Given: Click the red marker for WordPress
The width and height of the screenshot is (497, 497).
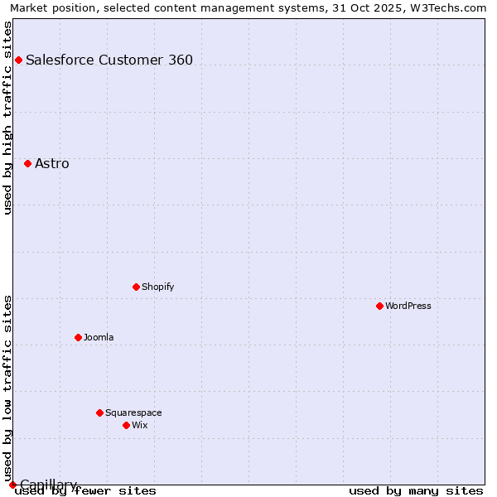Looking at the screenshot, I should pyautogui.click(x=379, y=306).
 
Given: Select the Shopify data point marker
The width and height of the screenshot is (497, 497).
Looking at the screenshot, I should pyautogui.click(x=136, y=287).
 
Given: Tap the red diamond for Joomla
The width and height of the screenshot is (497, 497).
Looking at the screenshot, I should pyautogui.click(x=78, y=337).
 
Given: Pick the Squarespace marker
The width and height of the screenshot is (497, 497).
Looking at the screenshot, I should pyautogui.click(x=99, y=413).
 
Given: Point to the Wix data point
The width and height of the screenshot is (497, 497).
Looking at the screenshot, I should pyautogui.click(x=126, y=425).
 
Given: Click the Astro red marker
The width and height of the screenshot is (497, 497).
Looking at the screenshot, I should pyautogui.click(x=27, y=163).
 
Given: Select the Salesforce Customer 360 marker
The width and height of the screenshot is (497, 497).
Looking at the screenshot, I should pyautogui.click(x=18, y=60).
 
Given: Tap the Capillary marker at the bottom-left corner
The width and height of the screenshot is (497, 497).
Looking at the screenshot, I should pyautogui.click(x=12, y=485).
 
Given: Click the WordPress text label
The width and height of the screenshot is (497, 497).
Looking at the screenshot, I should pyautogui.click(x=408, y=306).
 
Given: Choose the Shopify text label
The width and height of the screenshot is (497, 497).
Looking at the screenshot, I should pyautogui.click(x=157, y=287).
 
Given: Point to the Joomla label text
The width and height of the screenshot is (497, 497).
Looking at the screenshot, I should pyautogui.click(x=99, y=337).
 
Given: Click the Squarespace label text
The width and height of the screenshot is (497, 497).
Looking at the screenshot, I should pyautogui.click(x=133, y=413).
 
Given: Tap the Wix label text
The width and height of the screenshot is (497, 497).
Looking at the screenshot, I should pyautogui.click(x=139, y=425).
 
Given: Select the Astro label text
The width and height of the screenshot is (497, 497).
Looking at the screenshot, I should pyautogui.click(x=52, y=163).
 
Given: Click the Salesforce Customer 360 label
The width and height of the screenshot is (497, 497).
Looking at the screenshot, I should pyautogui.click(x=109, y=60).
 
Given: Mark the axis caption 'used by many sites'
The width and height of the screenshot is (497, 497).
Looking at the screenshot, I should pyautogui.click(x=416, y=491).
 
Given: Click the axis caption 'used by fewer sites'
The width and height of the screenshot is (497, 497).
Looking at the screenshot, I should pyautogui.click(x=85, y=491).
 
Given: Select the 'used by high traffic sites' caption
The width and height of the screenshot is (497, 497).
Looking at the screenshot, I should pyautogui.click(x=7, y=118).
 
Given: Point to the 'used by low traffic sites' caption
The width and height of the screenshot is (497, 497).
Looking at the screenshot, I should pyautogui.click(x=7, y=388).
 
